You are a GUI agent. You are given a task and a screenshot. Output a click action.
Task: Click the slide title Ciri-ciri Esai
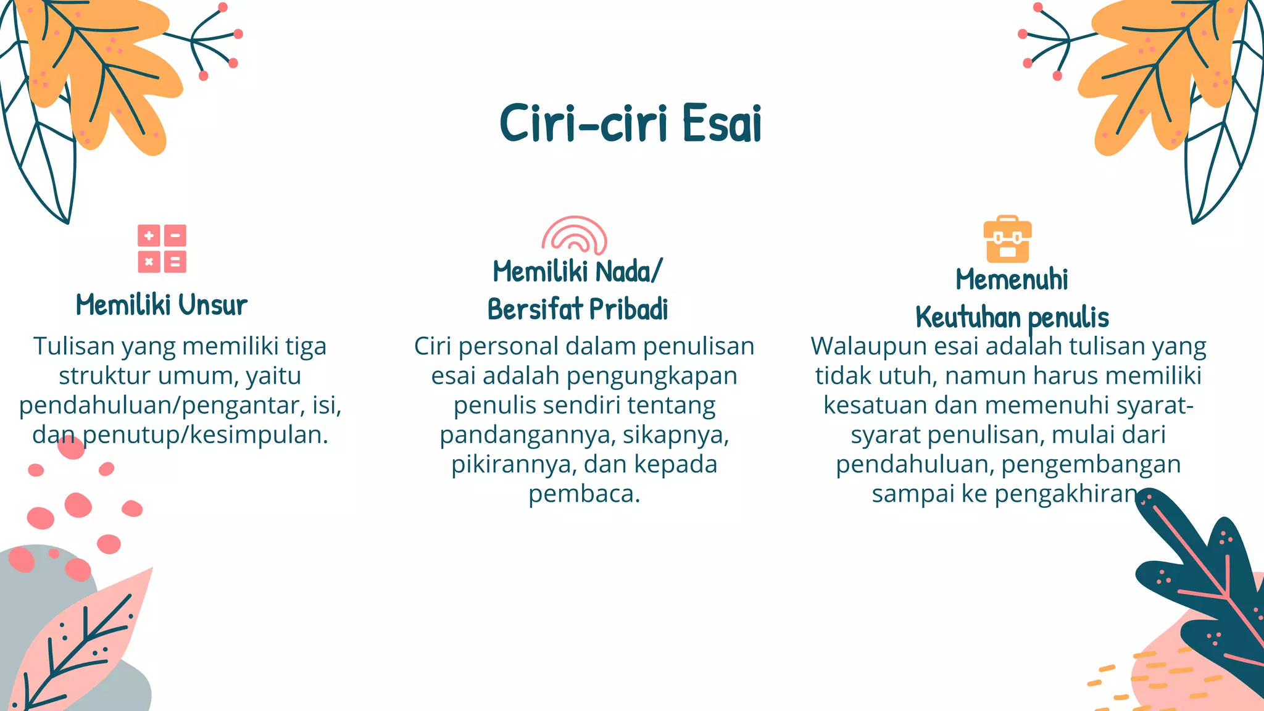(630, 123)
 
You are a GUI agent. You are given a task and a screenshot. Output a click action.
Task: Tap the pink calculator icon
(162, 249)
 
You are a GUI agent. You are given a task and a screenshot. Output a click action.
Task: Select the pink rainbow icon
(575, 235)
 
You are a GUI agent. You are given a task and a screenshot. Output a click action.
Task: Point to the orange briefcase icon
(1007, 239)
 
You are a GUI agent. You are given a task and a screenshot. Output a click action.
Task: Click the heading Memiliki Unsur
(162, 305)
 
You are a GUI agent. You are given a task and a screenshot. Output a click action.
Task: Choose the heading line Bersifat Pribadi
(578, 309)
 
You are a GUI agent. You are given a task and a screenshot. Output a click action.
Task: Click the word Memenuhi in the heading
(1012, 280)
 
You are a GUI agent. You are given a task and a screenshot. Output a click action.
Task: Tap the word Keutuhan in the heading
(968, 317)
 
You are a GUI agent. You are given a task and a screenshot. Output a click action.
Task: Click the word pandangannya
(526, 435)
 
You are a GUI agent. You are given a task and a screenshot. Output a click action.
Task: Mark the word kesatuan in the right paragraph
(875, 405)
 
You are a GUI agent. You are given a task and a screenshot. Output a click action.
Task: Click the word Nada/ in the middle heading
(629, 272)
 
